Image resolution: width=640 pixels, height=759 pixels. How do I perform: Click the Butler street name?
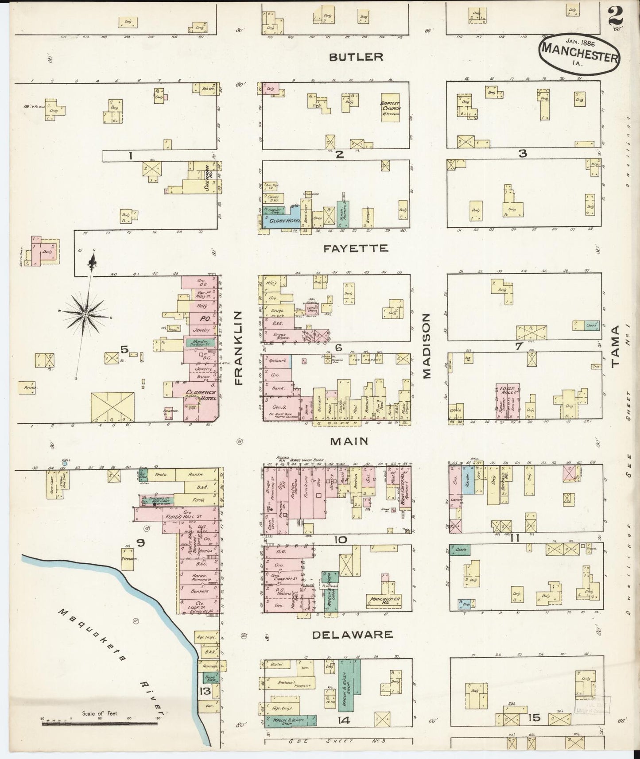(x=356, y=57)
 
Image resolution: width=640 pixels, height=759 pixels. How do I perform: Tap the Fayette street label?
(x=356, y=248)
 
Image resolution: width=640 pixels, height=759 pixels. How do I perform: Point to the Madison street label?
(x=426, y=346)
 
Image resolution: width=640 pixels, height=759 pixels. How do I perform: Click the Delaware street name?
(x=353, y=635)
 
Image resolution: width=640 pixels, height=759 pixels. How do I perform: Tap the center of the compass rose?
(x=84, y=314)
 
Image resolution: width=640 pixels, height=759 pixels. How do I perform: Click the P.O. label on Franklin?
(x=204, y=318)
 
